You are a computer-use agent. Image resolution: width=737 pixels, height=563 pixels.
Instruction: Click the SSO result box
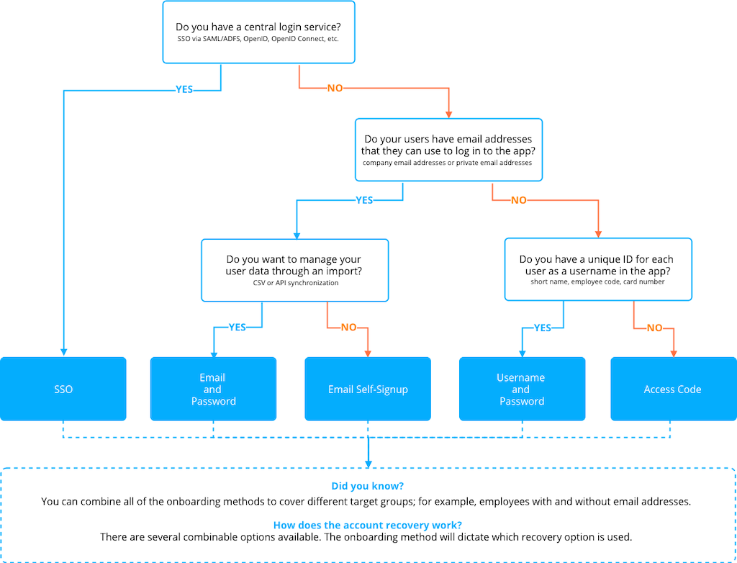[63, 389]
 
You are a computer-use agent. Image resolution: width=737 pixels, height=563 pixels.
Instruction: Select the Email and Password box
[213, 389]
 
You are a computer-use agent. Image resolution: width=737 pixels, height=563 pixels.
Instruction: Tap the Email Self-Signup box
[368, 389]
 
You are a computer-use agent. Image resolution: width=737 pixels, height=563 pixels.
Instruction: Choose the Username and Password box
[522, 389]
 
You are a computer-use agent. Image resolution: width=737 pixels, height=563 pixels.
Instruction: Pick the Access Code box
[672, 389]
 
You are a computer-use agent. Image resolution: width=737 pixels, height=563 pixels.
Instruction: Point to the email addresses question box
[448, 150]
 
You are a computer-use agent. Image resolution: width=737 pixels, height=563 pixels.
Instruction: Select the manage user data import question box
[294, 270]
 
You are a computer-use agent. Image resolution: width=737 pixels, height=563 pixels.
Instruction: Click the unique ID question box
[597, 269]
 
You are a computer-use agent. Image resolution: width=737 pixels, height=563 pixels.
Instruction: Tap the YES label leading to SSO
[184, 91]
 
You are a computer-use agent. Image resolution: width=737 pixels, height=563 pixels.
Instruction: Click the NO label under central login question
[335, 88]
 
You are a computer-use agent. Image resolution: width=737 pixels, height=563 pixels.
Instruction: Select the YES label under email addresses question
[365, 200]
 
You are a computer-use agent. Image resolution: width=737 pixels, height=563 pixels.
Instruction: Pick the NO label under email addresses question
[519, 200]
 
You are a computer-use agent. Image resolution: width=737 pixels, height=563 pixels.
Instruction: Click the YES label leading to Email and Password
[238, 327]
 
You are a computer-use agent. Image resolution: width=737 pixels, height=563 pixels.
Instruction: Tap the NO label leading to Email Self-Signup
[349, 327]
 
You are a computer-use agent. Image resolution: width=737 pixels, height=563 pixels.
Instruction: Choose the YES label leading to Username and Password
[543, 328]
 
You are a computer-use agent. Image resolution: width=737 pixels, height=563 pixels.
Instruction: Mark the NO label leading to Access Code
[655, 328]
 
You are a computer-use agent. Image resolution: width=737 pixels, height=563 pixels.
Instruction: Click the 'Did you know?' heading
[367, 486]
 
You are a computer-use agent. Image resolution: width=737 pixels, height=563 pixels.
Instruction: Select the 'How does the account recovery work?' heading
[367, 525]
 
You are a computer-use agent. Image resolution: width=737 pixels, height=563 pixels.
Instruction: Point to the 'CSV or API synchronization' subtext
[294, 283]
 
